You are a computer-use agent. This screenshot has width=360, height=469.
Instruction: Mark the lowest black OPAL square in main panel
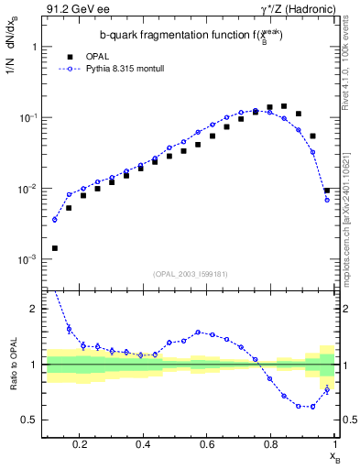pos(55,248)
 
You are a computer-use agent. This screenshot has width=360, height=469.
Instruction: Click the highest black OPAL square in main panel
pos(284,107)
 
